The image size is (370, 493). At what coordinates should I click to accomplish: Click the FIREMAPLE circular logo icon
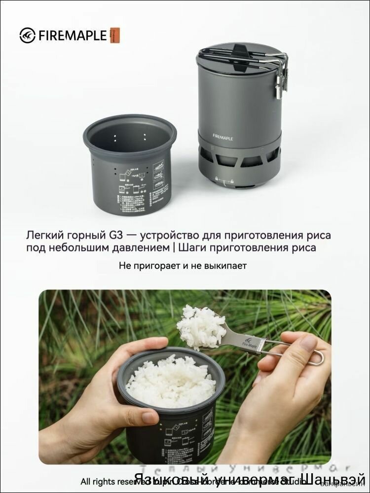click(27, 35)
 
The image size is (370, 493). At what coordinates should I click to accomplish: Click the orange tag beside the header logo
click(115, 35)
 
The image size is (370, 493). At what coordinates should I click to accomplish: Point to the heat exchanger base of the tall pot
click(239, 163)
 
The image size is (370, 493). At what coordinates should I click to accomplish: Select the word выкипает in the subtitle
click(229, 266)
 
